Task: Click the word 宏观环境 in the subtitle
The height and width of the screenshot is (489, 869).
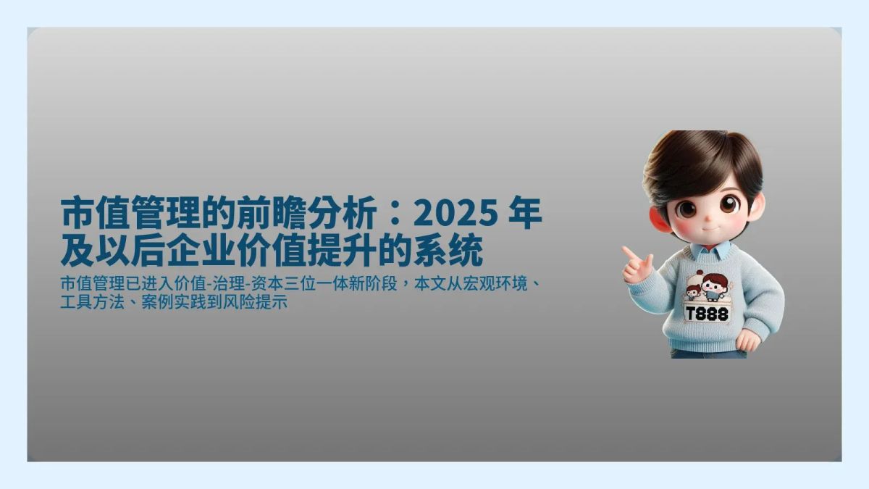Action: coord(497,283)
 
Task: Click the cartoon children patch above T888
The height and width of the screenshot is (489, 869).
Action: coord(706,287)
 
